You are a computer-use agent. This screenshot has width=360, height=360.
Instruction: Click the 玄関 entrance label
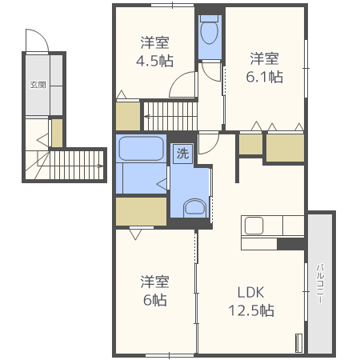click(38, 85)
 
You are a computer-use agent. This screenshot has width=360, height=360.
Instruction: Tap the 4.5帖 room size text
click(154, 61)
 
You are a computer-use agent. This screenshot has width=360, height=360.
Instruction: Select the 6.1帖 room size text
click(264, 77)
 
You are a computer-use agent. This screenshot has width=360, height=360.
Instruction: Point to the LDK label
click(250, 292)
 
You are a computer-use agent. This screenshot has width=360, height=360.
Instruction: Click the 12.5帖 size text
click(251, 310)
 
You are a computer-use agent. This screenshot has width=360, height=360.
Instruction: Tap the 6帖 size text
click(155, 300)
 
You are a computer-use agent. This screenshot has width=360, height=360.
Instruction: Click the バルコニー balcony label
click(320, 283)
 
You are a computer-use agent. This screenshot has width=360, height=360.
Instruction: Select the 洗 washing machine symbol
click(182, 153)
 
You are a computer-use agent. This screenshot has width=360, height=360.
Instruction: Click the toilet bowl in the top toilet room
click(209, 31)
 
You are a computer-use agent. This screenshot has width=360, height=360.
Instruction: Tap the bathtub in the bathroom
click(141, 148)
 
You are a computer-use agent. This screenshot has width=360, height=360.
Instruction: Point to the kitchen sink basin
click(254, 226)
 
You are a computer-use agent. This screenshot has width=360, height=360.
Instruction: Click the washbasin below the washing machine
click(194, 207)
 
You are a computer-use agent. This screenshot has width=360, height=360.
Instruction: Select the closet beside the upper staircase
click(128, 116)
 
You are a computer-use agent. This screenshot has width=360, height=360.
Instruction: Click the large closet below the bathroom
click(141, 211)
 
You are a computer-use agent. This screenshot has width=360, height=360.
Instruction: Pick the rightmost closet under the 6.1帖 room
click(285, 148)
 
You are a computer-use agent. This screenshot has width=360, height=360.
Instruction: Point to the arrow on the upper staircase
click(147, 116)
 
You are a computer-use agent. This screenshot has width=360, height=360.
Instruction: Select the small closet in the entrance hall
click(57, 133)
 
